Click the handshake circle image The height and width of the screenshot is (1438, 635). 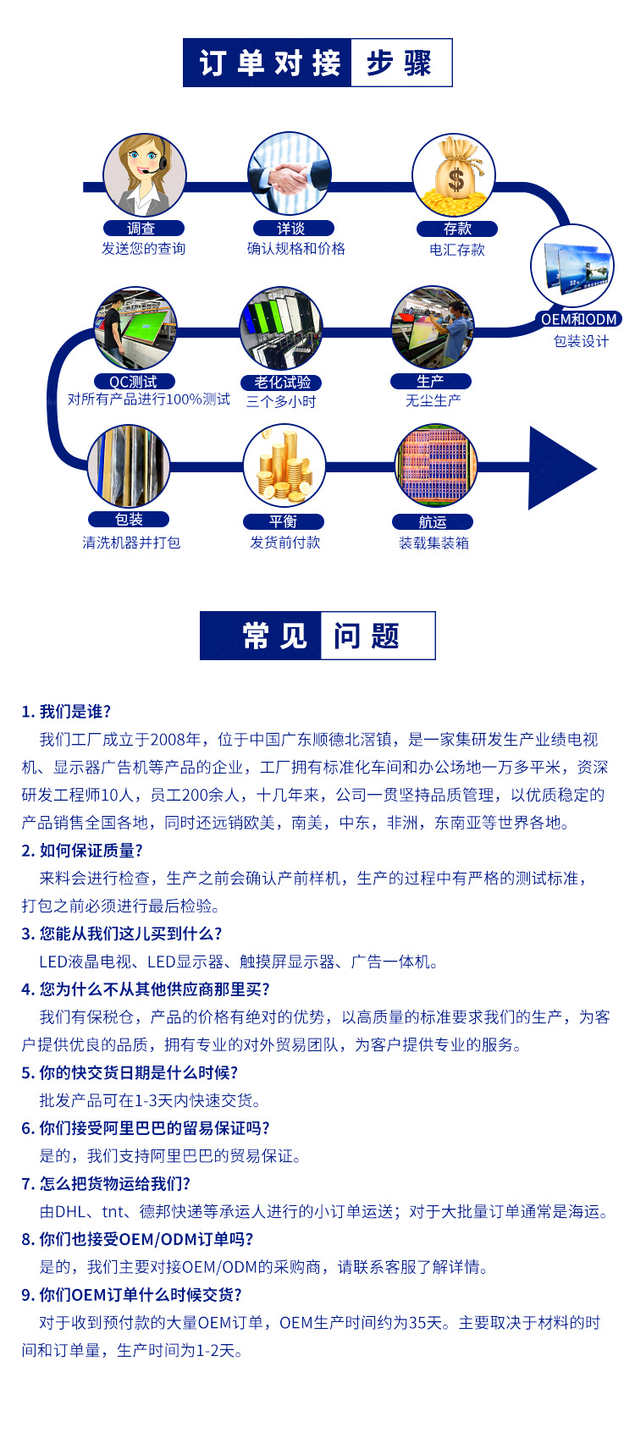point(290,174)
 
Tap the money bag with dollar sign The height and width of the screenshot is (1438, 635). point(454,175)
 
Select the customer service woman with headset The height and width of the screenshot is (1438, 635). point(144,174)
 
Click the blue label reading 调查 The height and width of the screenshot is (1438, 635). point(142,229)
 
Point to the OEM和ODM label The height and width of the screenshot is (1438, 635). point(579,319)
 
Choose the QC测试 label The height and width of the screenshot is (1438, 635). point(134,382)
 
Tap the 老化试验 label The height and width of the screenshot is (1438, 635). point(282,383)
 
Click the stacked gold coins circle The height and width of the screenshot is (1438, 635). point(284,466)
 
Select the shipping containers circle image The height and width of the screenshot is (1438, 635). point(435,466)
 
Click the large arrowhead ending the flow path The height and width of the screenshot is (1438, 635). point(559,468)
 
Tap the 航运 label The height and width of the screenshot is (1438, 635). point(433,522)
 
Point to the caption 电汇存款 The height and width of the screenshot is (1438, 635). point(457,250)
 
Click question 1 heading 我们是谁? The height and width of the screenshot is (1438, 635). point(66,712)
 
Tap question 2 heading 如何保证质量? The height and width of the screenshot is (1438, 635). point(82,851)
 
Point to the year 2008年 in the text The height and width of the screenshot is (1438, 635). point(176,740)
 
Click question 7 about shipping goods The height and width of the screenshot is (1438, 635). point(106,1184)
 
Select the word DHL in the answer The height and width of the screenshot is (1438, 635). point(70,1212)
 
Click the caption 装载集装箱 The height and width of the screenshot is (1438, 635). point(433,543)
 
